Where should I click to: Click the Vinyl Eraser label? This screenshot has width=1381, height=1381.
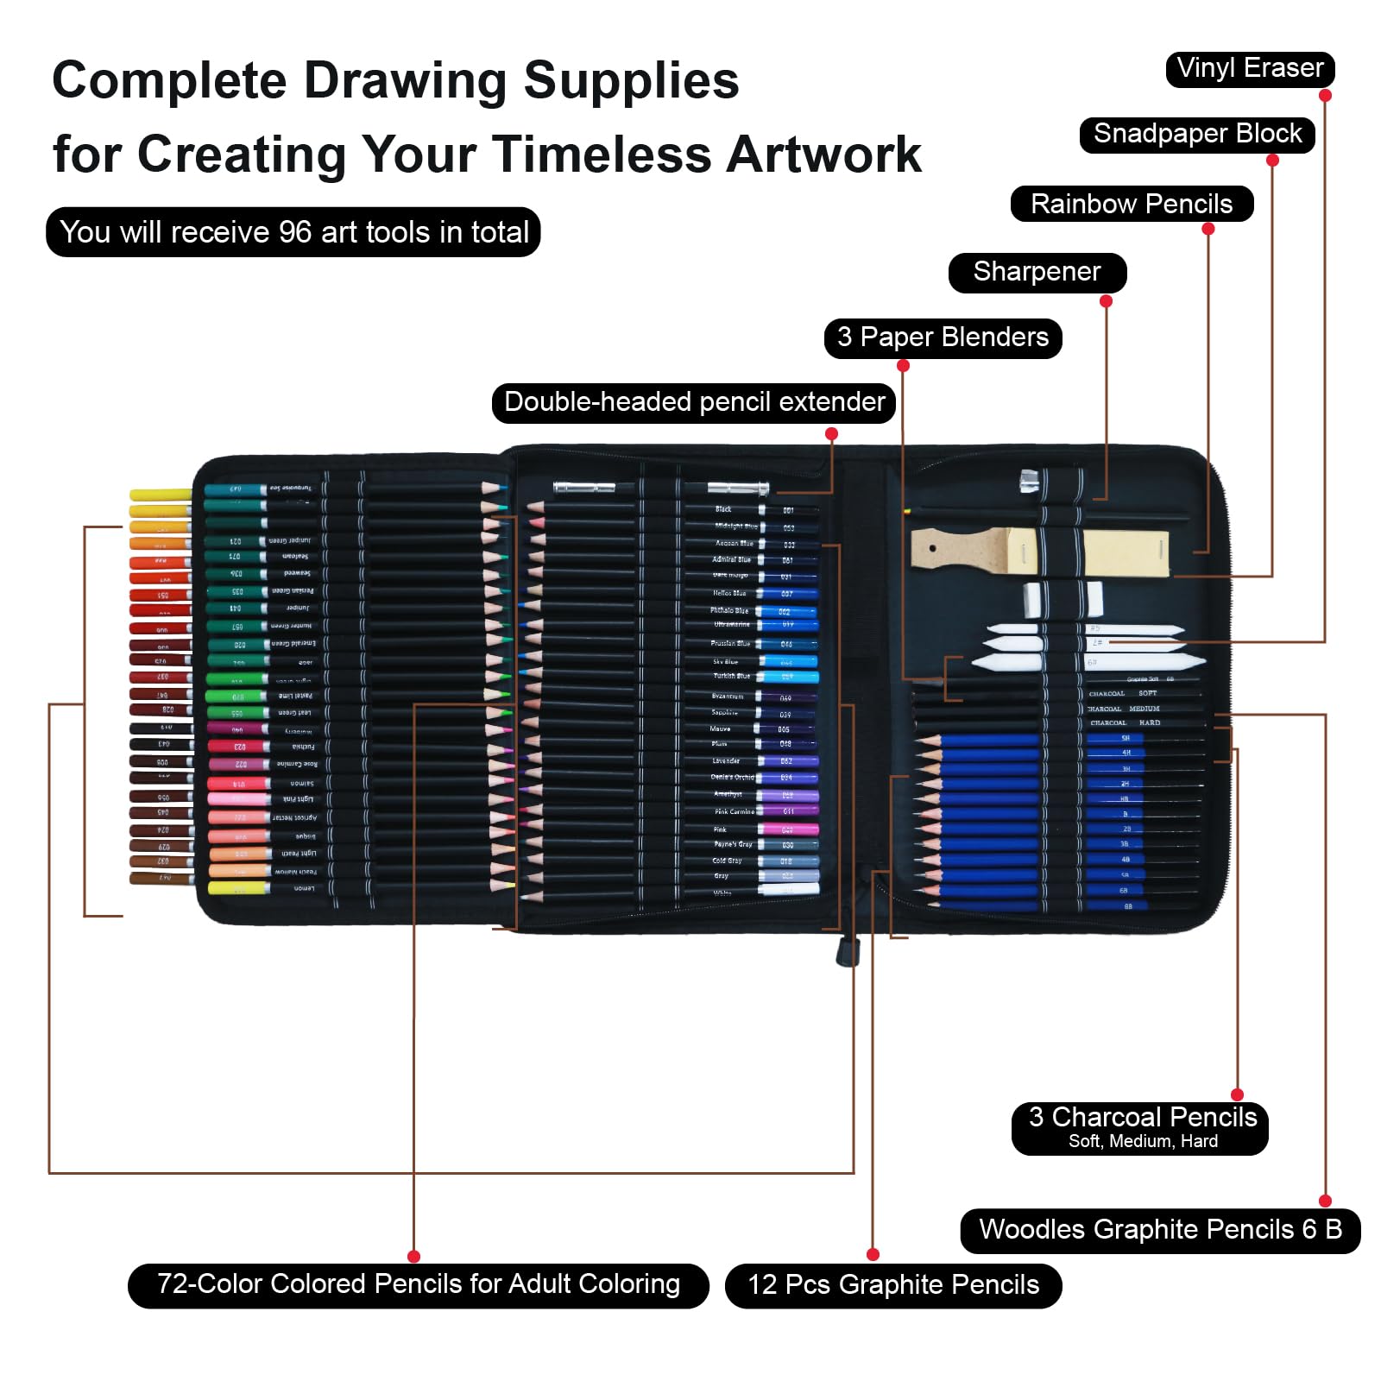click(x=1250, y=69)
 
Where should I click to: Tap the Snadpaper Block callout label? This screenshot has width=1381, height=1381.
click(x=1196, y=135)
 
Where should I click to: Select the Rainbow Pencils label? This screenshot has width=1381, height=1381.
click(x=1131, y=205)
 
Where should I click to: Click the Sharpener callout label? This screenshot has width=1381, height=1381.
click(x=1037, y=272)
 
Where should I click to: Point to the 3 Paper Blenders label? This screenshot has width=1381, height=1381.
click(x=943, y=337)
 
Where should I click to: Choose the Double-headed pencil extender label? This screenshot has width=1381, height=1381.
click(x=694, y=402)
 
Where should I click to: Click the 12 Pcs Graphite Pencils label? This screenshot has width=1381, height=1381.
click(x=892, y=1285)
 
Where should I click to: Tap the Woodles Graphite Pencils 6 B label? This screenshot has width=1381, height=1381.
click(x=1160, y=1230)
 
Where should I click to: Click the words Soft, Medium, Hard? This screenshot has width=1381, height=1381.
click(x=1143, y=1142)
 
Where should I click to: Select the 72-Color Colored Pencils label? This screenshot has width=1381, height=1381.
click(x=418, y=1284)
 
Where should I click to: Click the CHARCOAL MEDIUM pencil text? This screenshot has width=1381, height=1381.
click(x=1123, y=709)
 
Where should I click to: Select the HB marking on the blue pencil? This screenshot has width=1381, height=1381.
click(x=1124, y=798)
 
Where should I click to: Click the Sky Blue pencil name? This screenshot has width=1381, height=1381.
click(x=725, y=662)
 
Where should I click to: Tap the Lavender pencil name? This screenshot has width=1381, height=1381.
click(x=725, y=761)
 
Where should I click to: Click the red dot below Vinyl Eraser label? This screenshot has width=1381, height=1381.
click(x=1325, y=96)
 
